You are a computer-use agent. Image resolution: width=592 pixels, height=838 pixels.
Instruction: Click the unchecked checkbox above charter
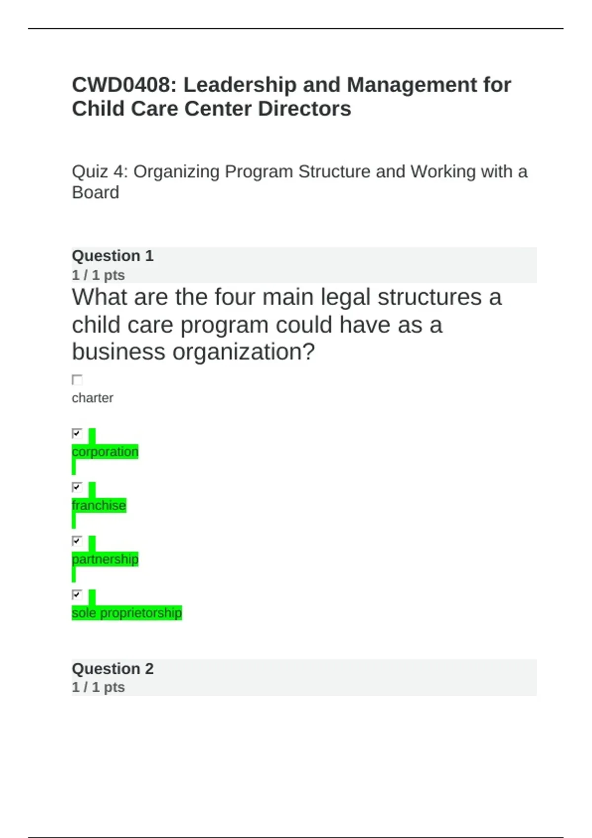(77, 380)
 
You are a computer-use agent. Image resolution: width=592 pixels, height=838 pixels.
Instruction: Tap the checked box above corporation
(77, 433)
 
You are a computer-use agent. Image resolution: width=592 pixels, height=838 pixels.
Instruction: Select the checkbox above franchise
(77, 487)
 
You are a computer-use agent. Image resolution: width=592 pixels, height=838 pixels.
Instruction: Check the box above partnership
(77, 541)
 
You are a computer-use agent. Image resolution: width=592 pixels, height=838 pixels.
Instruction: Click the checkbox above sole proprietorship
(77, 594)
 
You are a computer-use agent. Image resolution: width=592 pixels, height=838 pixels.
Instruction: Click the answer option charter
(92, 398)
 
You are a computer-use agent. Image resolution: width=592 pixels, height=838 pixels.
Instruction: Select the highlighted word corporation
(105, 452)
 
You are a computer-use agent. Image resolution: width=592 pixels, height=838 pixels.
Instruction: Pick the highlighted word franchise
(99, 505)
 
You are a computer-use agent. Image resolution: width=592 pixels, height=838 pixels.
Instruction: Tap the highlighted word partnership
(105, 559)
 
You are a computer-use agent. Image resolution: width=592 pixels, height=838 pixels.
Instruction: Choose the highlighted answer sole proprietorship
(127, 613)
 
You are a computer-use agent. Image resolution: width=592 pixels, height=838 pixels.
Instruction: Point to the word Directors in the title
(304, 109)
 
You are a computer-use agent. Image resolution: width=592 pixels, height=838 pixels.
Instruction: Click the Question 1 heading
(112, 256)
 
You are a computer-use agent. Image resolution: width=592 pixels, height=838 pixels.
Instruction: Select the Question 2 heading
(112, 668)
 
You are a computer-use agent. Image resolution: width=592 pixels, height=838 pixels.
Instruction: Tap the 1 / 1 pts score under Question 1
(98, 275)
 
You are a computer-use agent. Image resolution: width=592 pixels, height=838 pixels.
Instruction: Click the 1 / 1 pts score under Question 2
(98, 687)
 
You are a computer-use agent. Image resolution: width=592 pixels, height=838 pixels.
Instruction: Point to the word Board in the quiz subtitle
(96, 193)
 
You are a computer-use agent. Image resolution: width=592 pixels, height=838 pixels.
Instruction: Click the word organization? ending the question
(244, 352)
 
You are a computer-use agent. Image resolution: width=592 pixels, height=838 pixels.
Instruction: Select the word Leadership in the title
(240, 85)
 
